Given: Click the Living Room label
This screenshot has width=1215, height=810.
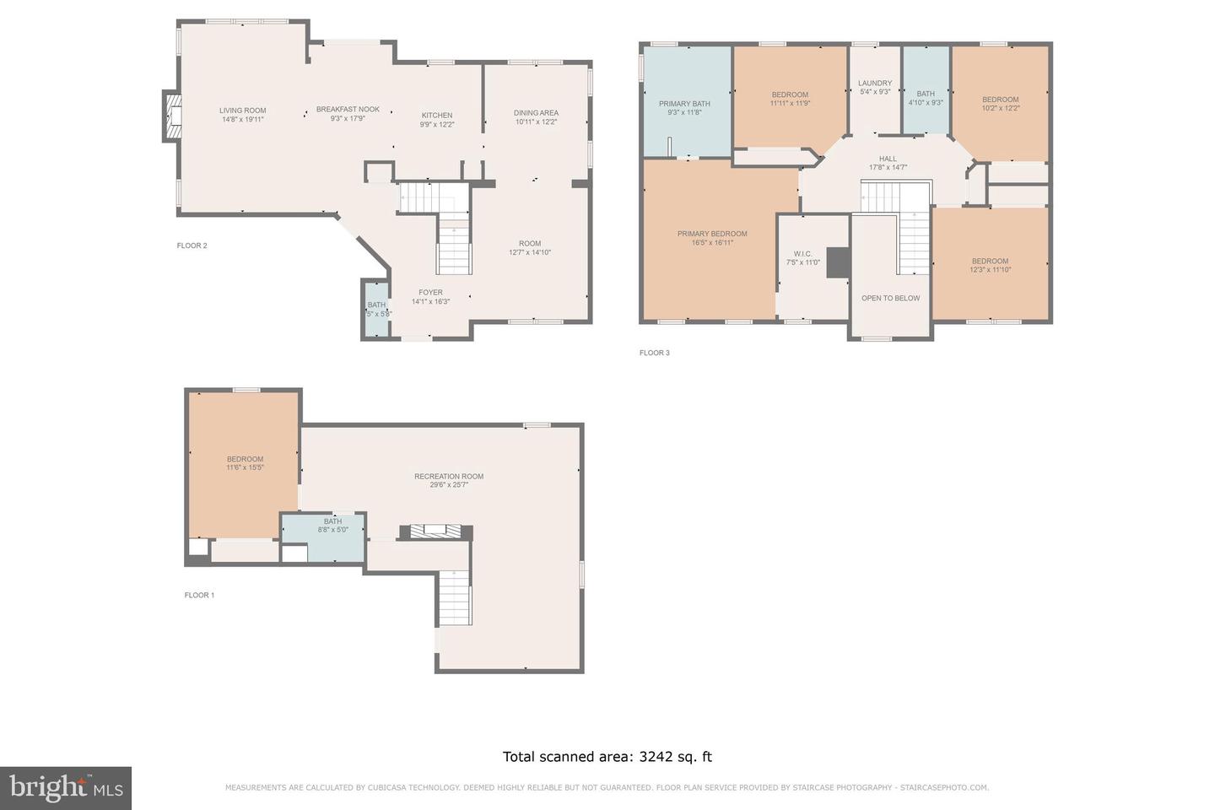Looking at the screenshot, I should [x=242, y=111].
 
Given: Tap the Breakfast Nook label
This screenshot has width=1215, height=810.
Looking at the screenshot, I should [x=348, y=110].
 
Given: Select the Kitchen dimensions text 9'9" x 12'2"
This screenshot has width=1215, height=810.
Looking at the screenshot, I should [x=437, y=125].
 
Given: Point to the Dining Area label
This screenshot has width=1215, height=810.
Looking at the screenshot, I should [x=536, y=113].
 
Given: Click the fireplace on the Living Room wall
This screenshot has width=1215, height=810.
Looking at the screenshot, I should [x=173, y=116].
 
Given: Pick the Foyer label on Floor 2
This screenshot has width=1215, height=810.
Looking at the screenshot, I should [x=430, y=293].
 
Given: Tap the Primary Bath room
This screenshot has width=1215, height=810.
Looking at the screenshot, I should [x=684, y=104].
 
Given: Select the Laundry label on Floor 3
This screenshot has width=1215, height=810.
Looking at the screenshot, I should [x=875, y=84].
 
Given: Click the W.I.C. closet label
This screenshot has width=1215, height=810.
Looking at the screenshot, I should [x=802, y=254].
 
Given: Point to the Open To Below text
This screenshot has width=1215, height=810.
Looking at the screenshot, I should [x=890, y=299].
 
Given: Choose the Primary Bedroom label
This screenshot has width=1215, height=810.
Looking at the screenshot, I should [x=712, y=234].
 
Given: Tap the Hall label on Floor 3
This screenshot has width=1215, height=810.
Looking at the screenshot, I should [x=888, y=159].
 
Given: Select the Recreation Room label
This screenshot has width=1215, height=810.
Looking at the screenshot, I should [x=449, y=477].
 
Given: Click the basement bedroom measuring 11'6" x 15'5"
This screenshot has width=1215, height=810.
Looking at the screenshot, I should [x=245, y=463].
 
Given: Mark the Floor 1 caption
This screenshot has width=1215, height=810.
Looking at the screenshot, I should [x=199, y=595].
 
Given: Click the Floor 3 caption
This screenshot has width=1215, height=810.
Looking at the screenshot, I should [x=654, y=353].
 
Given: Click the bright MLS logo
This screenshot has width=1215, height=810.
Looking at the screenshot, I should [x=66, y=788].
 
